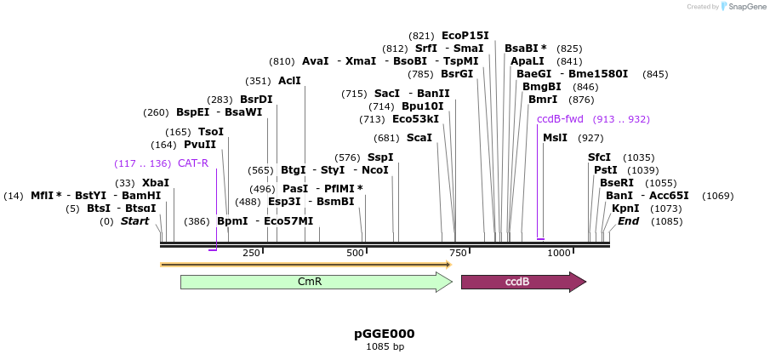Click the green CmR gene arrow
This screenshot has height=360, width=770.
pos(315,282)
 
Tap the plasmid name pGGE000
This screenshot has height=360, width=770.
pos(385,334)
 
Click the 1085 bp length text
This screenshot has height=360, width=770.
pos(385,346)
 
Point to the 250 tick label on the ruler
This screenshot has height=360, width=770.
pos(251,253)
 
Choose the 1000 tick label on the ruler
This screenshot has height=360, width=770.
pos(559,253)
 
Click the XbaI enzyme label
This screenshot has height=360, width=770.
pos(156,183)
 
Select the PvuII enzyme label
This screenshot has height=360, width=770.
pos(200,145)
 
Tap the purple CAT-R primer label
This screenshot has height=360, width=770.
pos(193,163)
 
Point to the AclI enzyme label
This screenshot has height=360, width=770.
pos(289,81)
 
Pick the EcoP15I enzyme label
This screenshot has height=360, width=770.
pos(465,36)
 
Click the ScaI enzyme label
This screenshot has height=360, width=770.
pos(419,138)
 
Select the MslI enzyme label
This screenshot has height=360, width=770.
pos(555,138)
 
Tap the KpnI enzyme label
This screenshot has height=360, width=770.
pos(625,209)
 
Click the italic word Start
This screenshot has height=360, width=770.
pos(134,221)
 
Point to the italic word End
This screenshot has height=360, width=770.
pos(628,221)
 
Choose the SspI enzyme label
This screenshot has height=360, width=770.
pos(380,157)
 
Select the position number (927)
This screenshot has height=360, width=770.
pos(590,138)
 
